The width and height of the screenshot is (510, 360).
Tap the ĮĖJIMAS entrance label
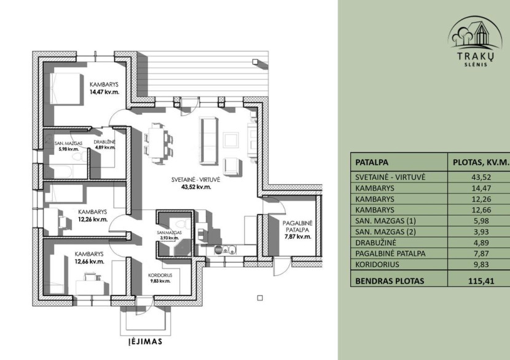[145, 341]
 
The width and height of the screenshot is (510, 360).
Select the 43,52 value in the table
[481, 178]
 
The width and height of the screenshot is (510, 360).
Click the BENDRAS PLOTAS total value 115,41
[481, 281]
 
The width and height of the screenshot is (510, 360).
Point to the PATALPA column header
[372, 162]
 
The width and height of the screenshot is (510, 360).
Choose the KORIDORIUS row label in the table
[377, 264]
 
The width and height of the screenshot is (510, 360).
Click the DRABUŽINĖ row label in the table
[375, 243]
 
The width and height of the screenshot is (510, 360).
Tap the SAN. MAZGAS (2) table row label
[385, 232]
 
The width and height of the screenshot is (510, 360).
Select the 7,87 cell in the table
[481, 254]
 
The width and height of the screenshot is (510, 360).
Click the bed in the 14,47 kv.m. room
[65, 88]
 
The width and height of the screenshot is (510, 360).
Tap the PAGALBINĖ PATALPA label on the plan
[297, 226]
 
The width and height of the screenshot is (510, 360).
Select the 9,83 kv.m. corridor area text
[160, 281]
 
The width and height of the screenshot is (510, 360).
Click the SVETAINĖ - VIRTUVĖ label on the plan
[196, 179]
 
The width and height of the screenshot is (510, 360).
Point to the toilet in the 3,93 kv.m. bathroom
[180, 224]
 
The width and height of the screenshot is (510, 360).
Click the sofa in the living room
[208, 141]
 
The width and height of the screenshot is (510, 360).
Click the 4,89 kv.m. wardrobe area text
[105, 147]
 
